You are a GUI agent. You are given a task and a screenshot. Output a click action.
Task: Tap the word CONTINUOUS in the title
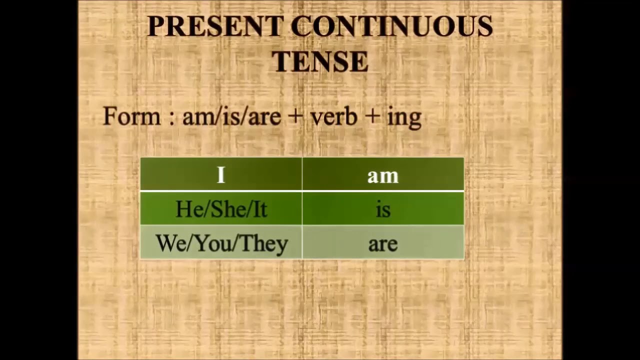click(391, 27)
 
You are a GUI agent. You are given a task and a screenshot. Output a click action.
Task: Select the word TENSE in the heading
click(320, 62)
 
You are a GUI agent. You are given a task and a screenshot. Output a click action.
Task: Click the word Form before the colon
click(132, 116)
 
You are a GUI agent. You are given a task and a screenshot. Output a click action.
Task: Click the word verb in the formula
click(333, 116)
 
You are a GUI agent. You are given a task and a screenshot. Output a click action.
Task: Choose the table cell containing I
click(221, 174)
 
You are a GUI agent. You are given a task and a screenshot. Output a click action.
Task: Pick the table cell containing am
click(383, 174)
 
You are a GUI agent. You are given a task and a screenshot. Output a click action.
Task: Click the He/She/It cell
click(221, 209)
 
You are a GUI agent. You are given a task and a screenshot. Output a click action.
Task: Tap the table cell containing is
click(383, 209)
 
